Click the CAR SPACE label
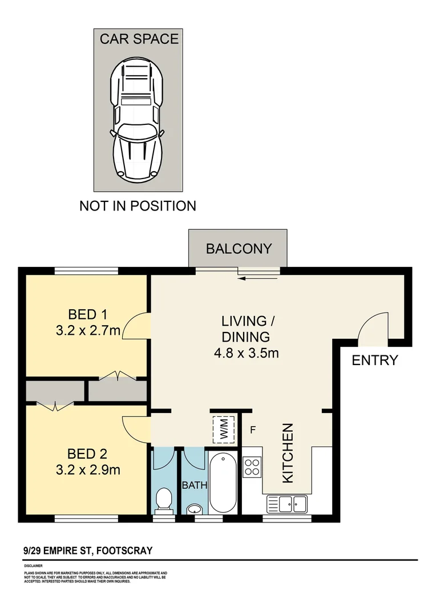pos(139,39)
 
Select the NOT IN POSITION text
pos(138,206)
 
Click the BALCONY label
pos(239,249)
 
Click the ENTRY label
pos(374,360)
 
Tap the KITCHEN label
pos(288,453)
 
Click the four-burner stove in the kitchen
pos(252,467)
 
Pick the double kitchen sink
pos(292,504)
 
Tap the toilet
pos(164,500)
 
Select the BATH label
pos(193,486)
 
